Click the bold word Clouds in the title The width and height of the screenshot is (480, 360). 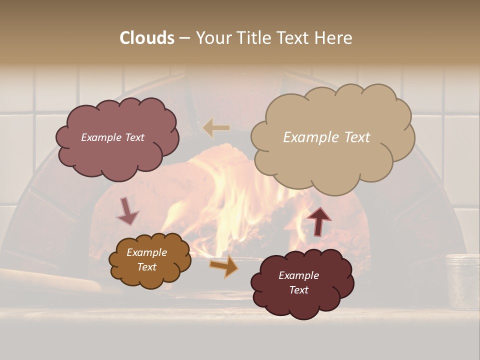click(x=147, y=38)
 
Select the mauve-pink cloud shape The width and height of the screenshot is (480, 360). click(x=116, y=155)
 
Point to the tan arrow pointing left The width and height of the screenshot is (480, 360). click(x=216, y=128)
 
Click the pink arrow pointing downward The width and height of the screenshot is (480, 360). click(x=127, y=211)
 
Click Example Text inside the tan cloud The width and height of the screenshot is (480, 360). click(x=326, y=137)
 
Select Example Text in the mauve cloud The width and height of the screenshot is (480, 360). click(x=112, y=137)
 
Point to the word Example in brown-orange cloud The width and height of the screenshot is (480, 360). click(x=146, y=252)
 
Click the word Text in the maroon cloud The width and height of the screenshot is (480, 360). click(x=298, y=290)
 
